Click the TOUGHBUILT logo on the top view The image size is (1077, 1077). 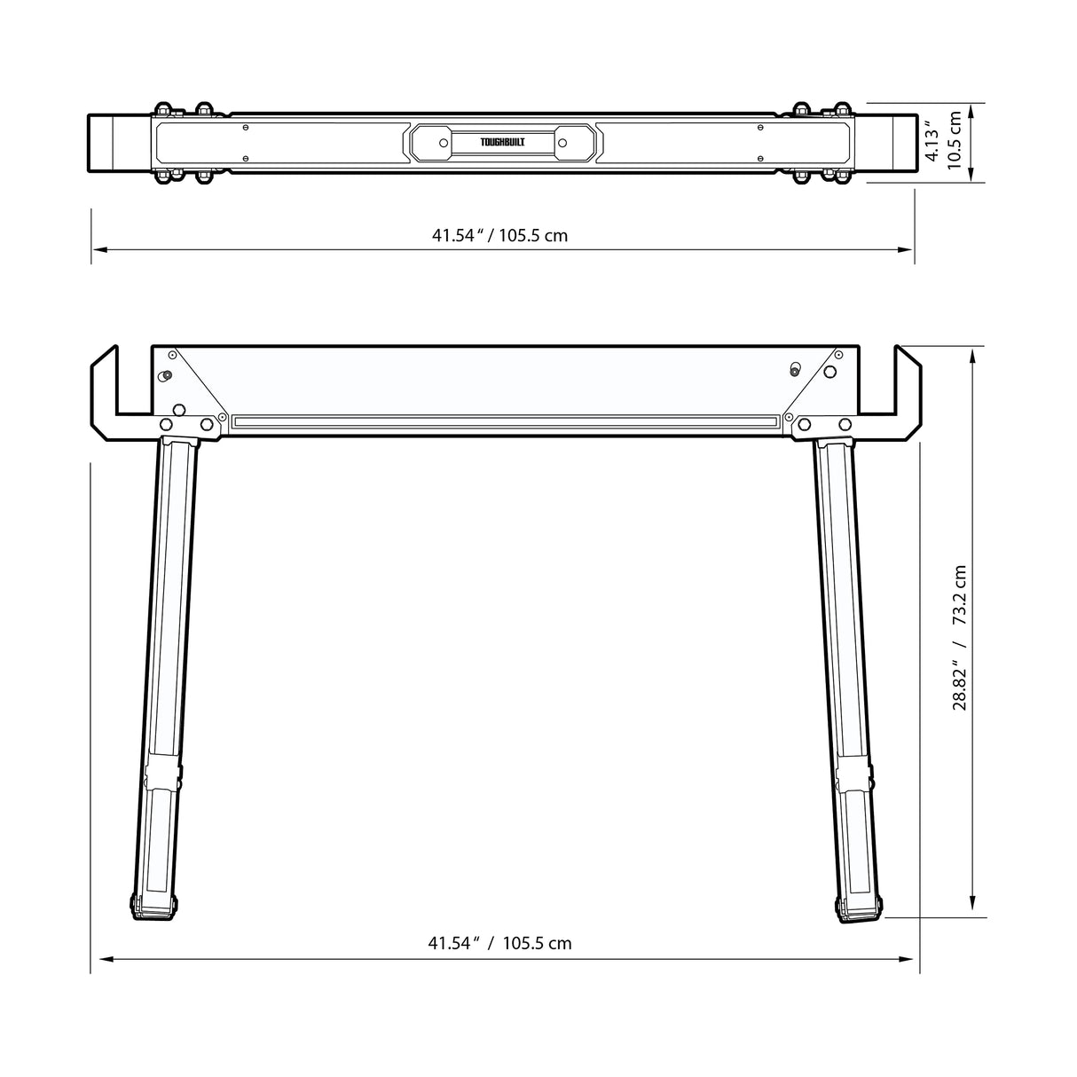502,142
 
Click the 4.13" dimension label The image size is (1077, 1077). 932,142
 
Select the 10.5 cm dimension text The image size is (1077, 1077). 955,142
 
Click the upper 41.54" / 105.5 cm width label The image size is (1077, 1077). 499,236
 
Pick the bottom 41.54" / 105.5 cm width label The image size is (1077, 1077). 499,943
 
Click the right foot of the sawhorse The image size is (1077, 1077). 859,908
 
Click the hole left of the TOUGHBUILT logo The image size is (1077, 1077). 442,141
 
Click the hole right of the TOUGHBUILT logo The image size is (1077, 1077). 562,141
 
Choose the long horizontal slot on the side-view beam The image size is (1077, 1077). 504,421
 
